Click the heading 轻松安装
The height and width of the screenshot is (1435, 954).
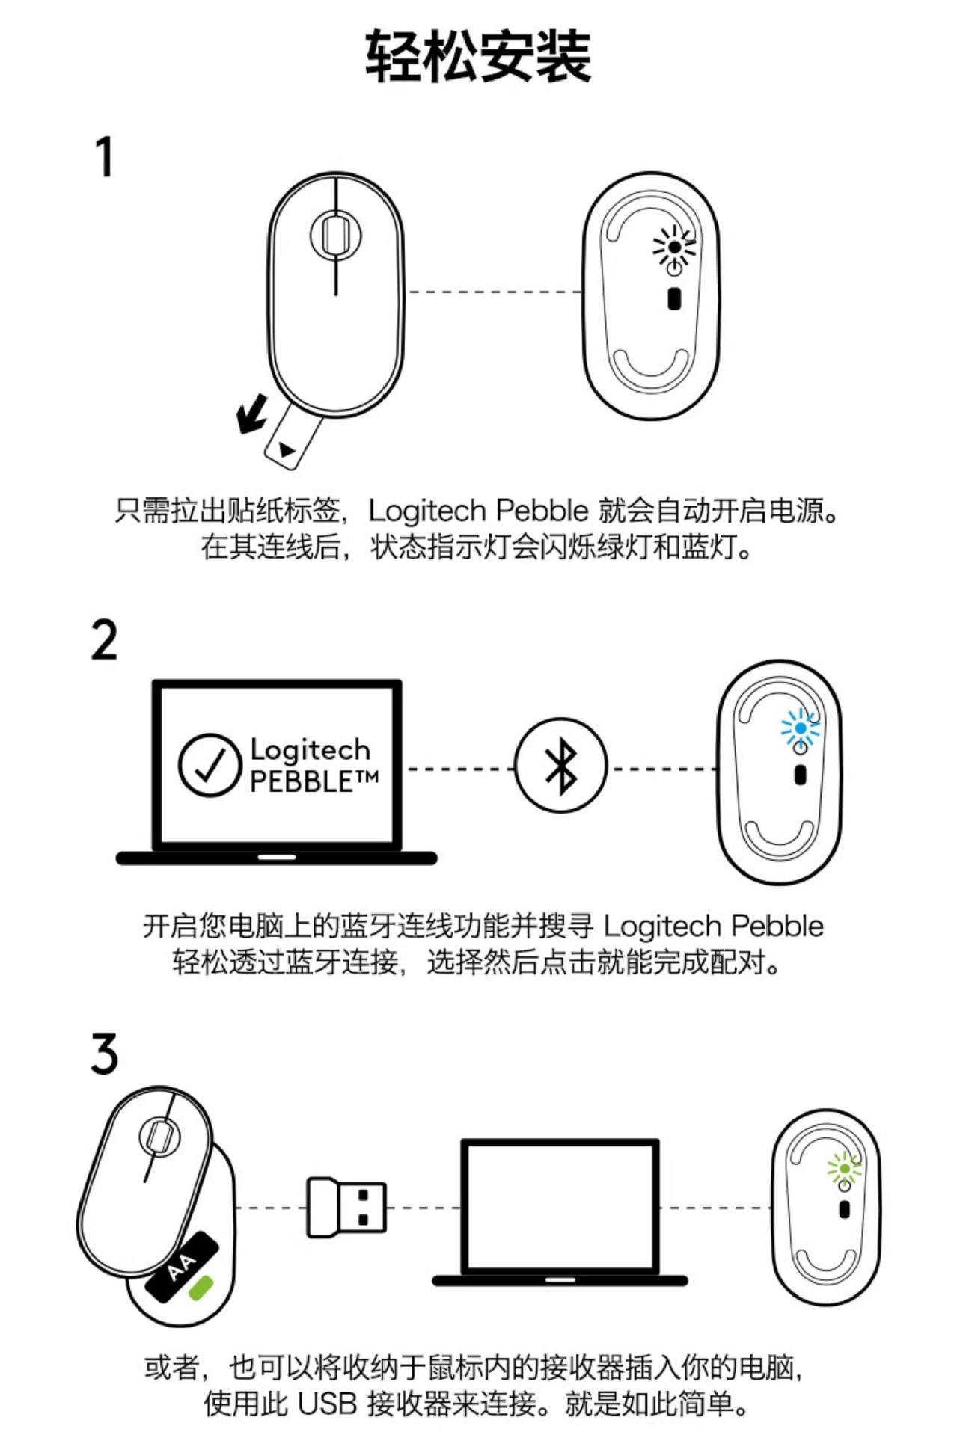click(x=478, y=57)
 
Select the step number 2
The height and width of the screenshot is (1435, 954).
click(x=105, y=640)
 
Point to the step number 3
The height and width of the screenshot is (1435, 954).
click(x=105, y=1054)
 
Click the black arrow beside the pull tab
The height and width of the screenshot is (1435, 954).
click(x=252, y=413)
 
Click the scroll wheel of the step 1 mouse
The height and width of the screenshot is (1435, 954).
click(x=335, y=234)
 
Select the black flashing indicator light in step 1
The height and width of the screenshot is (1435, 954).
click(x=674, y=246)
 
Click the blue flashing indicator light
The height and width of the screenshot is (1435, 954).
click(x=800, y=728)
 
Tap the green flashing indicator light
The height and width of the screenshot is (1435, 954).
click(x=844, y=1168)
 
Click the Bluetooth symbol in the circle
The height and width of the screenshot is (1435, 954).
click(x=560, y=765)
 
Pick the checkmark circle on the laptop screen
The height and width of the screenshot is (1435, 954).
click(x=210, y=764)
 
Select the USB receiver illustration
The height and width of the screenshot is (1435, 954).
click(x=346, y=1206)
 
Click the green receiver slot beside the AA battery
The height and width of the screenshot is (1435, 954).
click(x=201, y=1288)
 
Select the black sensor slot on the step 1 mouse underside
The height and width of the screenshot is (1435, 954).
click(x=674, y=298)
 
